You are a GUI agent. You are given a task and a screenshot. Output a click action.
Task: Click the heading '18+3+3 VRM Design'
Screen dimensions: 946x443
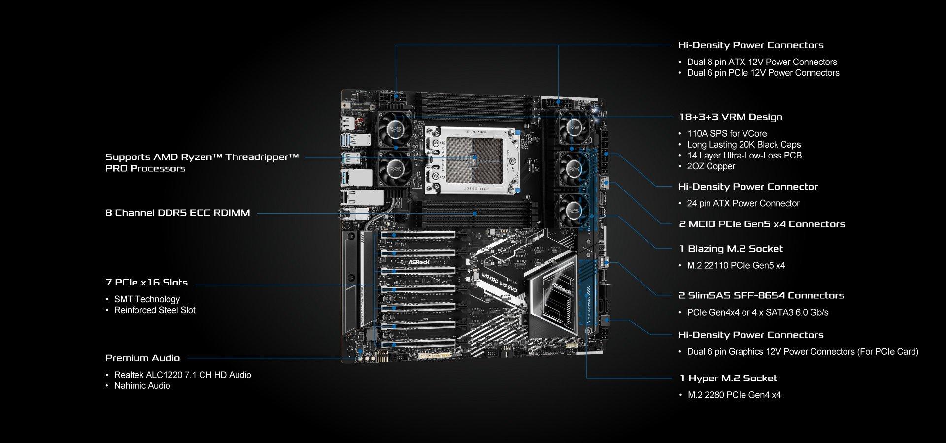(730, 117)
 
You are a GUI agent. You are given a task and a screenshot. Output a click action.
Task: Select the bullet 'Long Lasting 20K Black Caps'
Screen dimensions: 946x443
(743, 145)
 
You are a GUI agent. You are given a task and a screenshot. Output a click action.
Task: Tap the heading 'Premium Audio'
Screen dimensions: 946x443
(142, 358)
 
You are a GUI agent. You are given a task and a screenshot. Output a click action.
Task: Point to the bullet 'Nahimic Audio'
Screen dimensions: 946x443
(142, 386)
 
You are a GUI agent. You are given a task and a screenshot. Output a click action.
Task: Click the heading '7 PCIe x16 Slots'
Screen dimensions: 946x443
(146, 283)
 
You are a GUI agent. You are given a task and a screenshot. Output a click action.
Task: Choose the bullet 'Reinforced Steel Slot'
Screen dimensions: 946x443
(155, 310)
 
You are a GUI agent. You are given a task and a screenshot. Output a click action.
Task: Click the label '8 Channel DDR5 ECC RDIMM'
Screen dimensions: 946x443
(177, 213)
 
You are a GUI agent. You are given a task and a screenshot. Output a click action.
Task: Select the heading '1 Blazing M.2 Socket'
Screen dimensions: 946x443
(731, 249)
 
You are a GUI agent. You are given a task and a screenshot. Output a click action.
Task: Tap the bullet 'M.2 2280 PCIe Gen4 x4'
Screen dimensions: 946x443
(734, 395)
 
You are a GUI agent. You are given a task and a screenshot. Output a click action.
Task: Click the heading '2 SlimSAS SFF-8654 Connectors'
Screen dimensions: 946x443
(761, 295)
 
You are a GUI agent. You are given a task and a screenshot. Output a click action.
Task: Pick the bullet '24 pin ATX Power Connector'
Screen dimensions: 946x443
(743, 203)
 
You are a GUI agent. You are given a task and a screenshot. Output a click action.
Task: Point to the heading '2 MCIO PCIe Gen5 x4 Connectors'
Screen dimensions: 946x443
(762, 224)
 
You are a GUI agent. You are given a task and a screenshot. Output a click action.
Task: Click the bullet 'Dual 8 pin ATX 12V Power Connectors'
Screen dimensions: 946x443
(762, 62)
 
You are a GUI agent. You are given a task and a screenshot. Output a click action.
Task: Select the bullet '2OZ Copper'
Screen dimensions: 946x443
(711, 166)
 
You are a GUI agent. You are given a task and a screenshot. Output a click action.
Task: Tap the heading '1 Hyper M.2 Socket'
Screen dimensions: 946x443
(728, 378)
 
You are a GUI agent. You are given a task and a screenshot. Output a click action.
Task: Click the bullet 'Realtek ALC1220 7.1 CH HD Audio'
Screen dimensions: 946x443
(182, 375)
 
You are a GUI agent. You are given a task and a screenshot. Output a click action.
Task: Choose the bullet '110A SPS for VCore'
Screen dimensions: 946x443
(727, 134)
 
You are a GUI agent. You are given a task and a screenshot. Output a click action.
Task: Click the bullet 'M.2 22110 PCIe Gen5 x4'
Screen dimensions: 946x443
(736, 266)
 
